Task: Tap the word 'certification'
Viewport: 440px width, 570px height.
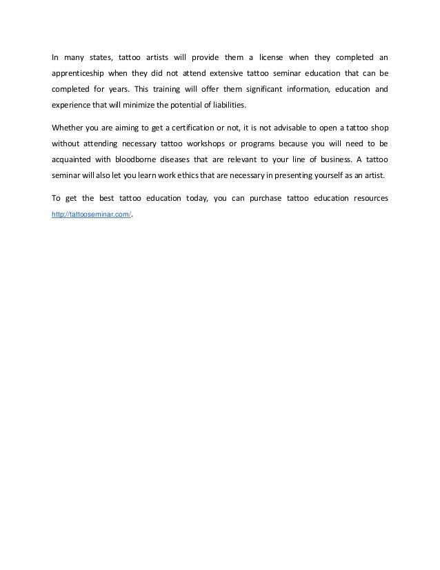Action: click(192, 127)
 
